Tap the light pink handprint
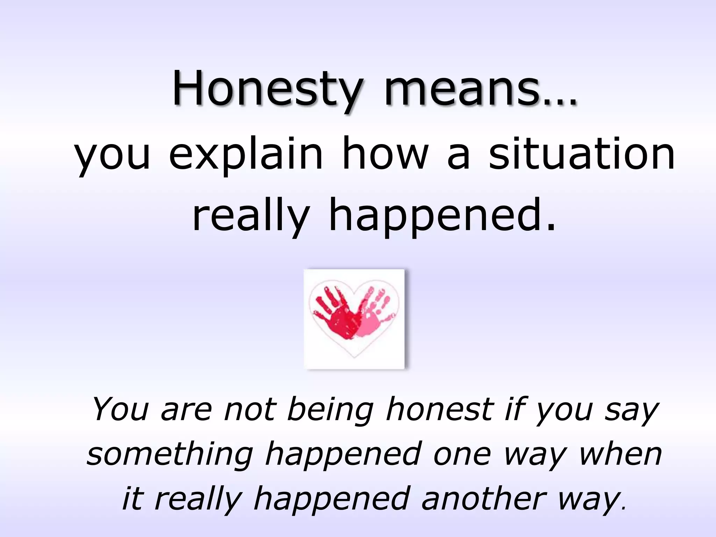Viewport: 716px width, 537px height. (372, 311)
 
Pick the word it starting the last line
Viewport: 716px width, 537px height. (133, 498)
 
